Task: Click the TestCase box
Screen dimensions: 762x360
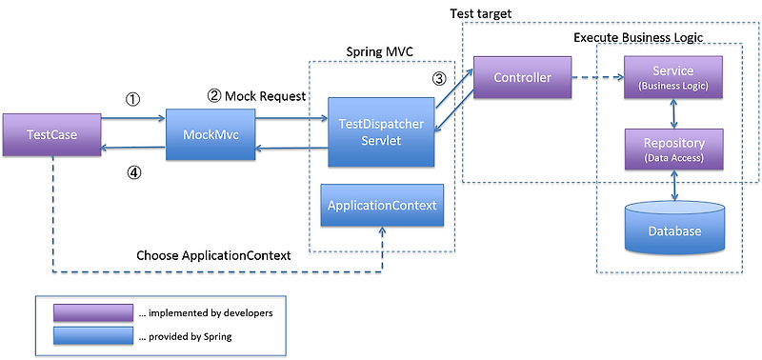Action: click(x=51, y=135)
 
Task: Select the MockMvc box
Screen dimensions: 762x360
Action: click(x=211, y=134)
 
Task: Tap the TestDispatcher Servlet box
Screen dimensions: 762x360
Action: click(x=381, y=132)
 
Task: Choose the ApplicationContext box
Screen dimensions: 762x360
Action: click(x=382, y=205)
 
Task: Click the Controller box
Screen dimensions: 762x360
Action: click(x=522, y=77)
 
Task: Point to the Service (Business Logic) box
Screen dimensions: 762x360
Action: click(x=673, y=77)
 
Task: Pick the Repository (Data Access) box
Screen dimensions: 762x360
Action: click(x=673, y=150)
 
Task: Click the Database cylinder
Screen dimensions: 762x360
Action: click(x=674, y=228)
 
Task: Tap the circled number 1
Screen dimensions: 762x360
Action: click(x=133, y=100)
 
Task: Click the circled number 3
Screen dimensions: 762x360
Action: click(x=439, y=78)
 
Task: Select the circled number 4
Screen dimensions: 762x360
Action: click(x=133, y=172)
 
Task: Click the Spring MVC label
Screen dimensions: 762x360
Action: click(x=379, y=52)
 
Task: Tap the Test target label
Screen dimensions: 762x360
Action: click(x=481, y=13)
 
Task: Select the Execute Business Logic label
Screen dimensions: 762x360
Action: click(x=638, y=37)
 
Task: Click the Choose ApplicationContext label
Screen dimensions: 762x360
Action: click(x=213, y=255)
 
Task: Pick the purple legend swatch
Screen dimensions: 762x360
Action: click(x=93, y=313)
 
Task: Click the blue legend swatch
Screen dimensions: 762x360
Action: click(x=93, y=335)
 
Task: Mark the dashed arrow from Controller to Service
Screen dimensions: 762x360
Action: click(x=598, y=77)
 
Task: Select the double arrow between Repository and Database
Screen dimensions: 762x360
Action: click(x=674, y=185)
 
